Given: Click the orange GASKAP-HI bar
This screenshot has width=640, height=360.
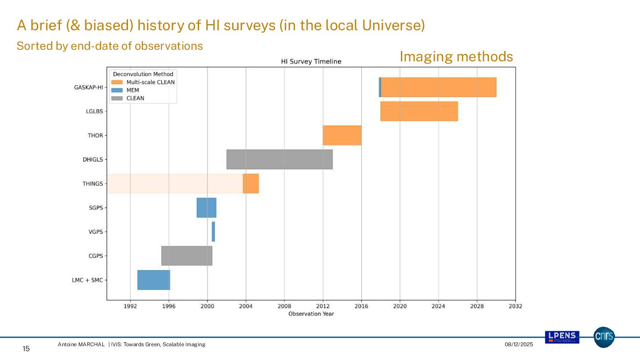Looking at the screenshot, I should pyautogui.click(x=438, y=87).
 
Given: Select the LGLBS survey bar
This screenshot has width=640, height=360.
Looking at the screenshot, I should pyautogui.click(x=419, y=111).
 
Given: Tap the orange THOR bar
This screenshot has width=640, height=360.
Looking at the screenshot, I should pyautogui.click(x=342, y=135).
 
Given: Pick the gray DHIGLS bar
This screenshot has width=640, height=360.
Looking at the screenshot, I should pyautogui.click(x=279, y=159).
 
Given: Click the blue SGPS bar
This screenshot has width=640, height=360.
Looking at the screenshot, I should pyautogui.click(x=206, y=208).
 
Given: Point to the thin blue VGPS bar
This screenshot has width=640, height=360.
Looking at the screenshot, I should pyautogui.click(x=213, y=232).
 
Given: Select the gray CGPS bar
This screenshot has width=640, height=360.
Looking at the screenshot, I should pyautogui.click(x=187, y=256).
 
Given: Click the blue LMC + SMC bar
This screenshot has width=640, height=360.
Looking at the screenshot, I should pyautogui.click(x=153, y=280).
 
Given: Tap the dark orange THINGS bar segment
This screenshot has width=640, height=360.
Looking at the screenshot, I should pyautogui.click(x=251, y=184).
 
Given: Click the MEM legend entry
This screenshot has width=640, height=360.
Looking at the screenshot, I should pyautogui.click(x=132, y=90).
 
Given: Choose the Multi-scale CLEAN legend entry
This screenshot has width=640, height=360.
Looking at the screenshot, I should pyautogui.click(x=150, y=82).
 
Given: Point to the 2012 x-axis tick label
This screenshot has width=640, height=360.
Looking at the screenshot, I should pyautogui.click(x=323, y=306).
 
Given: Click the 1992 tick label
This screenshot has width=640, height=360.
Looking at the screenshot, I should pyautogui.click(x=130, y=306).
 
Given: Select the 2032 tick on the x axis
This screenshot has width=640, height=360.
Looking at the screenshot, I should pyautogui.click(x=516, y=306).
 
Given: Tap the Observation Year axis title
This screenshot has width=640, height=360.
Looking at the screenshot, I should pyautogui.click(x=311, y=314).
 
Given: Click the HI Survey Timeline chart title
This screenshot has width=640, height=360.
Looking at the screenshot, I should pyautogui.click(x=311, y=61).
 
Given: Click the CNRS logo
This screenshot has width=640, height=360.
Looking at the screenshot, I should pyautogui.click(x=604, y=337).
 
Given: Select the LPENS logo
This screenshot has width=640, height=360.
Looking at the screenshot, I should pyautogui.click(x=562, y=337).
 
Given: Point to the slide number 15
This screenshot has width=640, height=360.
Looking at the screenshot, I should pyautogui.click(x=26, y=349).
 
